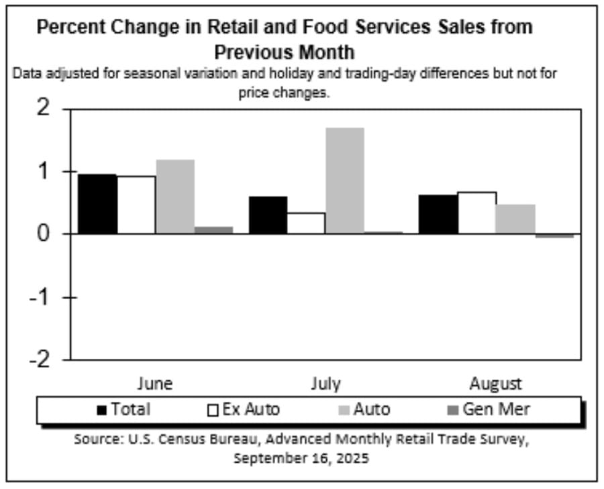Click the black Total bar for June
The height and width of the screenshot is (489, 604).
97,204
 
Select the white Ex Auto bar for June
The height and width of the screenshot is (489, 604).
136,205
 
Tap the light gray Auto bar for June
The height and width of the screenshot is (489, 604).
175,197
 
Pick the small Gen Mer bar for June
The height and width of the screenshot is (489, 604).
214,230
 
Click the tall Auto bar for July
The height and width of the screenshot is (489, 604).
345,180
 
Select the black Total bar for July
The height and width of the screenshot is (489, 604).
268,215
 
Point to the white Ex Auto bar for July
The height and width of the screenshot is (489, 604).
307,223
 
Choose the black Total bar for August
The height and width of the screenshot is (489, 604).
438,214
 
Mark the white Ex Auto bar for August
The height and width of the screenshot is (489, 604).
477,213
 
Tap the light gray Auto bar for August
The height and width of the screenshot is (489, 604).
515,219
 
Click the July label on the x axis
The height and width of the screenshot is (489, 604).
325,384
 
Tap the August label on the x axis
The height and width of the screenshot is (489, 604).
495,384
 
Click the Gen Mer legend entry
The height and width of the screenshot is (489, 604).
495,409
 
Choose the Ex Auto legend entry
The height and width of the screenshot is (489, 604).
250,409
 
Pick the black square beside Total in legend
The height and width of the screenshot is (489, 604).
103,410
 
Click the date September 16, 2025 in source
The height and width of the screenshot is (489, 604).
301,459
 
